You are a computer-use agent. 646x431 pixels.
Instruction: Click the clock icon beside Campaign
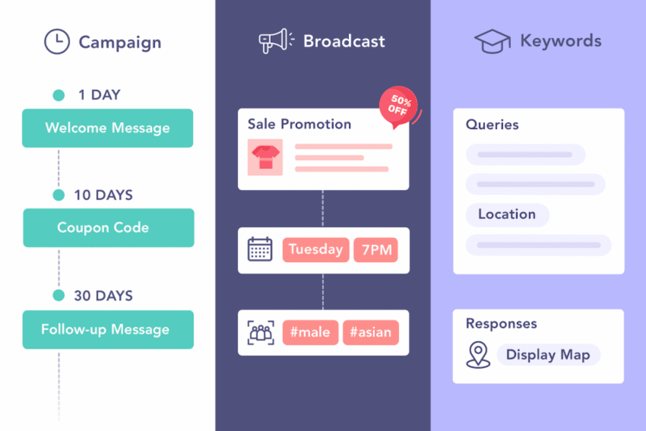pyautogui.click(x=57, y=41)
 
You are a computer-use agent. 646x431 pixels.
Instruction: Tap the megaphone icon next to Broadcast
pyautogui.click(x=276, y=41)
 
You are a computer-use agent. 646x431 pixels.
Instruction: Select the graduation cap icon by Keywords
pyautogui.click(x=492, y=41)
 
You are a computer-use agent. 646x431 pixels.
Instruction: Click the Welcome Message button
pyautogui.click(x=108, y=128)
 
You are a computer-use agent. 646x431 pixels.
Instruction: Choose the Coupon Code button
pyautogui.click(x=109, y=228)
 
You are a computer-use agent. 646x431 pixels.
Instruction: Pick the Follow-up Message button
pyautogui.click(x=108, y=330)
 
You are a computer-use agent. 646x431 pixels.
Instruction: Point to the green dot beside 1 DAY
pyautogui.click(x=59, y=95)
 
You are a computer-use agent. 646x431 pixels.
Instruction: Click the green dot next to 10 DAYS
pyautogui.click(x=59, y=195)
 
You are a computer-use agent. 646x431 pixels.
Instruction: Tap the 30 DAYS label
pyautogui.click(x=103, y=296)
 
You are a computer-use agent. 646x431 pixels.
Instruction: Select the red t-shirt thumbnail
pyautogui.click(x=265, y=157)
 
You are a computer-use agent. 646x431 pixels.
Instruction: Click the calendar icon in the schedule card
pyautogui.click(x=260, y=249)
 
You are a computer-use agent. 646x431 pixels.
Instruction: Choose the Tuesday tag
pyautogui.click(x=316, y=250)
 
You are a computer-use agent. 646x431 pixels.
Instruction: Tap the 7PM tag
pyautogui.click(x=376, y=250)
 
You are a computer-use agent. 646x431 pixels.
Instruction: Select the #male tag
pyautogui.click(x=310, y=332)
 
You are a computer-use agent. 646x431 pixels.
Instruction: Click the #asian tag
pyautogui.click(x=371, y=332)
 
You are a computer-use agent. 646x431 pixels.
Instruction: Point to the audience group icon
pyautogui.click(x=261, y=333)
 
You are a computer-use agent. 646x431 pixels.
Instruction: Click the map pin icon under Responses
pyautogui.click(x=478, y=355)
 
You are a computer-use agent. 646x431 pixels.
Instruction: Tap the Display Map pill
pyautogui.click(x=549, y=355)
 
